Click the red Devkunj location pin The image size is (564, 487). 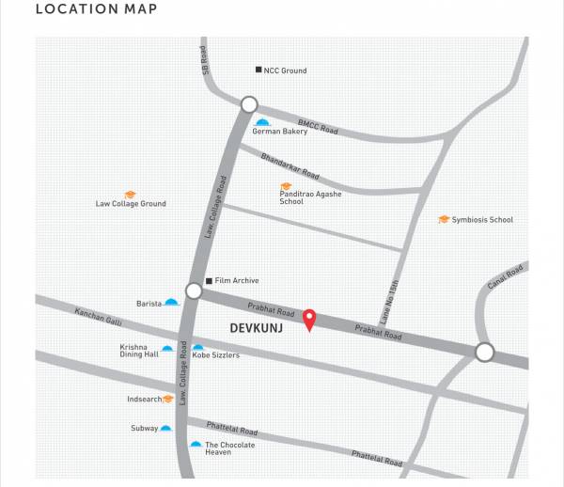(x=309, y=320)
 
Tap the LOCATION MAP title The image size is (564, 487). (x=96, y=10)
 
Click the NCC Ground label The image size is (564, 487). (x=285, y=71)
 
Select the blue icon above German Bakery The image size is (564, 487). (x=263, y=122)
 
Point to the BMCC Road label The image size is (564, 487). (x=317, y=126)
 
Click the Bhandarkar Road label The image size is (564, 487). (x=290, y=162)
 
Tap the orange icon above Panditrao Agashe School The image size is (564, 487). (x=286, y=186)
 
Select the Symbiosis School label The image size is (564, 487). (x=482, y=220)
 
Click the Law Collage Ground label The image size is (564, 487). (x=131, y=204)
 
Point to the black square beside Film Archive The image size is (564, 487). (x=209, y=280)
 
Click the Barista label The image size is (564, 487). (x=149, y=304)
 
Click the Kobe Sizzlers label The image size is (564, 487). (x=216, y=355)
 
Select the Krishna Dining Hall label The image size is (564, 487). (x=139, y=351)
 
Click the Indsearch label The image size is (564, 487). (x=144, y=399)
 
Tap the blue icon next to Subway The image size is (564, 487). (x=165, y=428)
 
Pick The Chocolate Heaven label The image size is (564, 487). (x=229, y=448)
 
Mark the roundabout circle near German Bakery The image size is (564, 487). (x=249, y=104)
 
